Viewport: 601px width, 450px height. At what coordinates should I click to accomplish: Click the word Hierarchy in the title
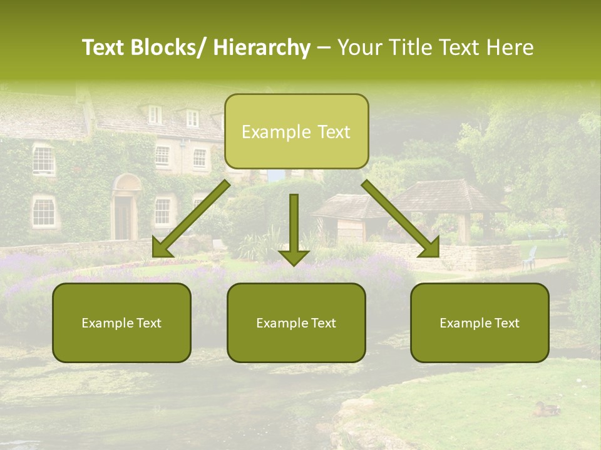pos(262,47)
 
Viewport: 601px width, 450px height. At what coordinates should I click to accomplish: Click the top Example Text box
pos(296,131)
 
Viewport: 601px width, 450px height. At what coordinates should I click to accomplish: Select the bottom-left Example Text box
pos(121,323)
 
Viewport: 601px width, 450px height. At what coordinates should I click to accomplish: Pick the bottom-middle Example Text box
pos(296,323)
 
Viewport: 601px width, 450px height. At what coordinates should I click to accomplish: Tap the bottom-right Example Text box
pos(480,323)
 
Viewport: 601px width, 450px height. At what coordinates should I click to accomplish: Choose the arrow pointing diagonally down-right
pos(401,218)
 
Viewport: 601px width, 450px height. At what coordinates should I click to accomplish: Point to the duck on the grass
pos(547,409)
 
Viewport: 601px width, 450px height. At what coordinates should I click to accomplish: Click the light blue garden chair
pos(530,257)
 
